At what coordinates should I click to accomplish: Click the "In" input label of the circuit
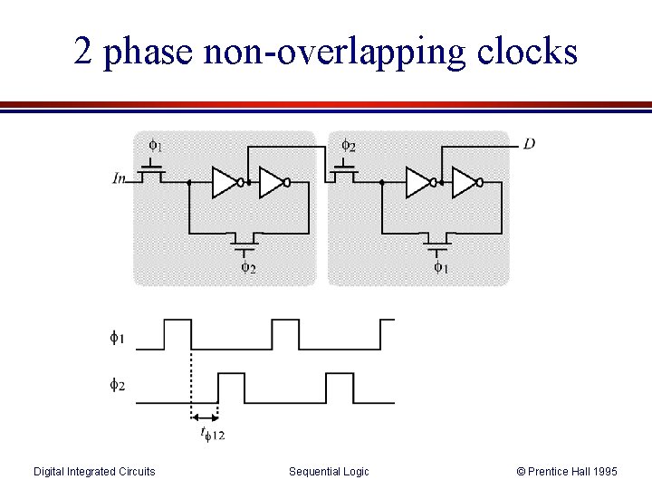[120, 178]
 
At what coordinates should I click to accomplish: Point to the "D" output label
[529, 144]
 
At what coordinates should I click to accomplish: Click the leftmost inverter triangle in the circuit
[225, 182]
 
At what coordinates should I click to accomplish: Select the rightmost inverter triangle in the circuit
[465, 182]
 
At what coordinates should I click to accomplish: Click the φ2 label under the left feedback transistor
[247, 267]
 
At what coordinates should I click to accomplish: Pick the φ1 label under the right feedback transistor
[440, 267]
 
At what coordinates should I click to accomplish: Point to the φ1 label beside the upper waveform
[118, 339]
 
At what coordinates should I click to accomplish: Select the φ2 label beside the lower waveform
[118, 386]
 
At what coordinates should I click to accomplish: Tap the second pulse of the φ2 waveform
[340, 387]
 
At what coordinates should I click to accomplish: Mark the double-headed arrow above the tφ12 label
[204, 417]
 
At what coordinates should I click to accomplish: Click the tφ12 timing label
[212, 435]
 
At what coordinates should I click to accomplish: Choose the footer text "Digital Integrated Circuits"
[94, 471]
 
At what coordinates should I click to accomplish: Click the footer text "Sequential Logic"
[329, 471]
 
